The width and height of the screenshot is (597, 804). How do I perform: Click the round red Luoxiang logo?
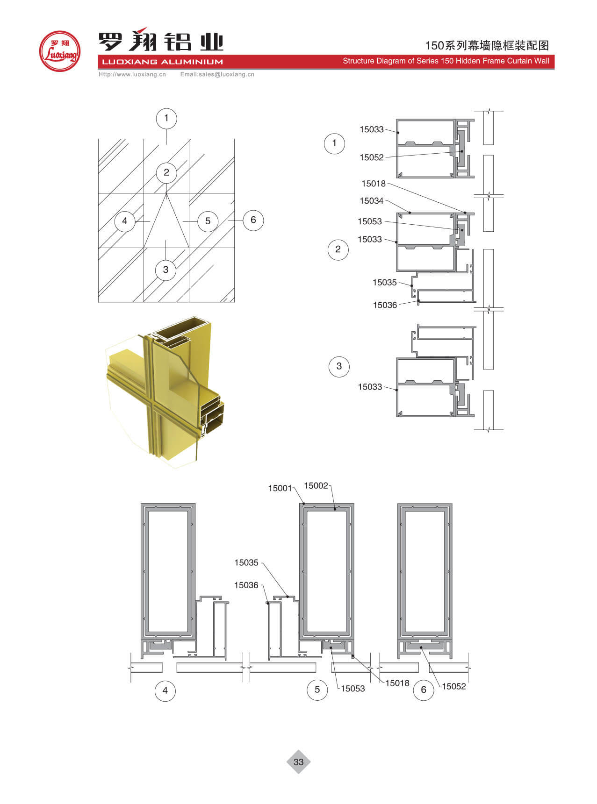(x=59, y=51)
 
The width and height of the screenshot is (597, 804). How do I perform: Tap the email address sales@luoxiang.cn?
(x=217, y=74)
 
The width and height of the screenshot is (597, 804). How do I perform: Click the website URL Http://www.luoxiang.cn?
(x=132, y=74)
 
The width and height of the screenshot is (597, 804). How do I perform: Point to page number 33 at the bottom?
(x=298, y=762)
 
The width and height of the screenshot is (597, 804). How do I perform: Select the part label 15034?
(x=371, y=201)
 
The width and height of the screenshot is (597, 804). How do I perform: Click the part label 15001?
(x=280, y=488)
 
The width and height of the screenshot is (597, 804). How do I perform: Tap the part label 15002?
(x=316, y=486)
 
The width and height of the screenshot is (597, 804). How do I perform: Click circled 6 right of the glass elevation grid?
(x=253, y=220)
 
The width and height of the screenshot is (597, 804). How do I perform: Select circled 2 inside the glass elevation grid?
(x=166, y=172)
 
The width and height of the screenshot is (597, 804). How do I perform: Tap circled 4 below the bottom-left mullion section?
(x=165, y=690)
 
